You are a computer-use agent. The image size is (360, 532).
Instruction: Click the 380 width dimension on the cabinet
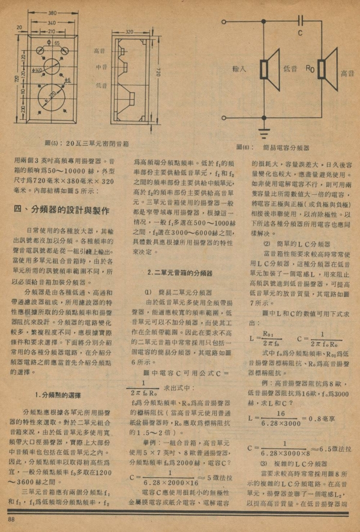[x=53, y=11]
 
